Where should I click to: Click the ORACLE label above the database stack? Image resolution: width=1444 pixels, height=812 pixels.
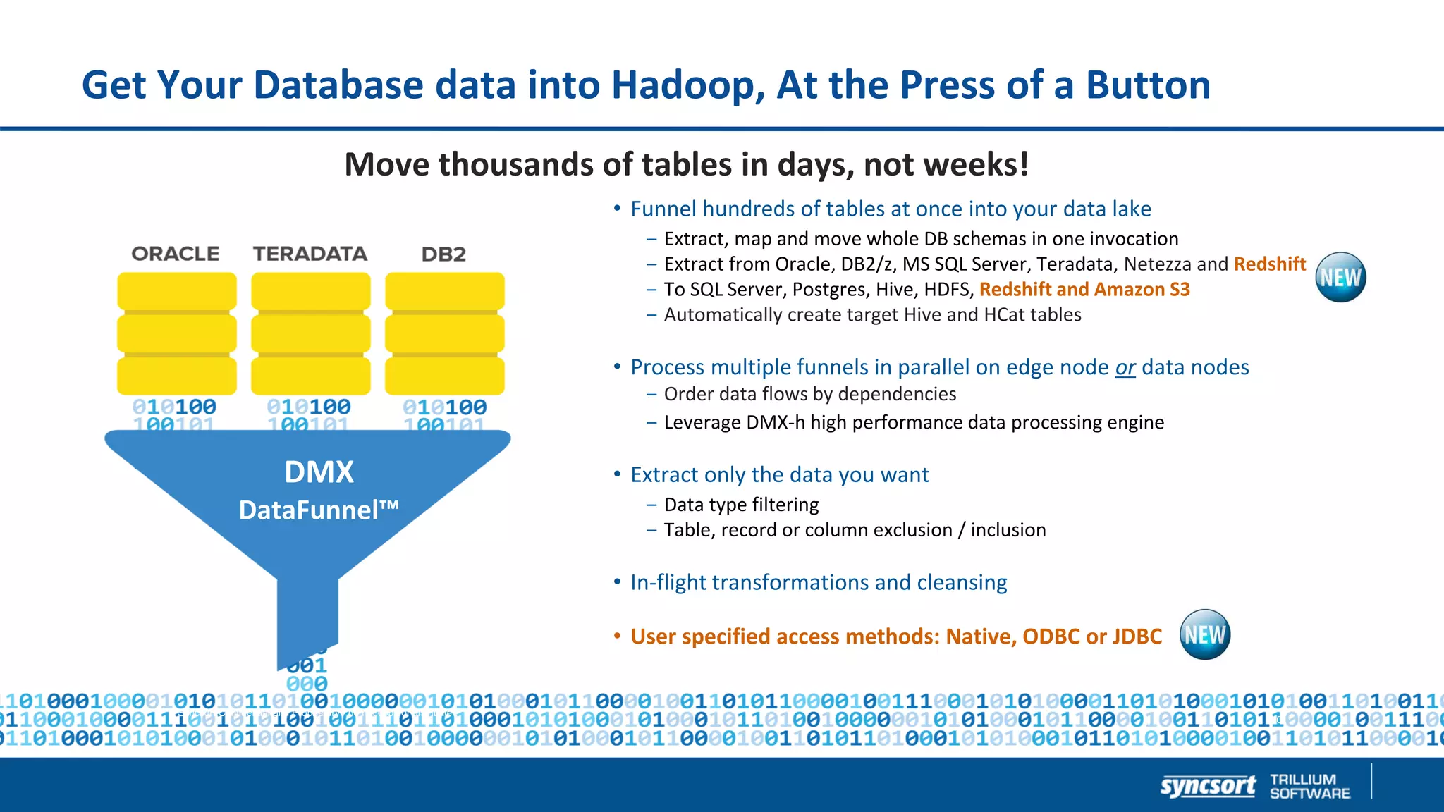176,254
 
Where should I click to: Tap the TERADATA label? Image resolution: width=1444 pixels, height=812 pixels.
310,254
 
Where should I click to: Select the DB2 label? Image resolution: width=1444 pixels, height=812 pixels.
443,254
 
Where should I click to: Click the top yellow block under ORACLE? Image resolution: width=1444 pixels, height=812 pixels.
177,291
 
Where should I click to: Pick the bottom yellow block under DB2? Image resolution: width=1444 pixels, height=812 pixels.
445,376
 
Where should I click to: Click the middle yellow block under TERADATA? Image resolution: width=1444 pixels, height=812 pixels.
311,333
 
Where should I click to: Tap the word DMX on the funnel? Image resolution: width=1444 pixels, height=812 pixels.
319,472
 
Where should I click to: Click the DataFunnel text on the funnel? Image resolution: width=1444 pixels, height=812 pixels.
319,510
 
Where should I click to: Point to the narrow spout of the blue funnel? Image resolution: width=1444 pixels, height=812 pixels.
307,620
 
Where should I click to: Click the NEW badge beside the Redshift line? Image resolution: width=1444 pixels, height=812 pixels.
1340,277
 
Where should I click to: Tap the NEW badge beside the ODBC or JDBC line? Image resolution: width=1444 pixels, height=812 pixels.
1205,634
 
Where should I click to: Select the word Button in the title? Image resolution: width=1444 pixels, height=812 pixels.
1148,85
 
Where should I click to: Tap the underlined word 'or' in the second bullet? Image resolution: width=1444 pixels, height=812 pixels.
1125,367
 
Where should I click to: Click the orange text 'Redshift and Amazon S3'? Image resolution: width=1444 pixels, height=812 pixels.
1084,290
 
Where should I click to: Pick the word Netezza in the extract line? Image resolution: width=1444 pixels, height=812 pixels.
1157,264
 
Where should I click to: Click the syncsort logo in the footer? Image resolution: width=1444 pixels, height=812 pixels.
1208,785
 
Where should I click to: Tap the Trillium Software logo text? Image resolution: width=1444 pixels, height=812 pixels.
1309,786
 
